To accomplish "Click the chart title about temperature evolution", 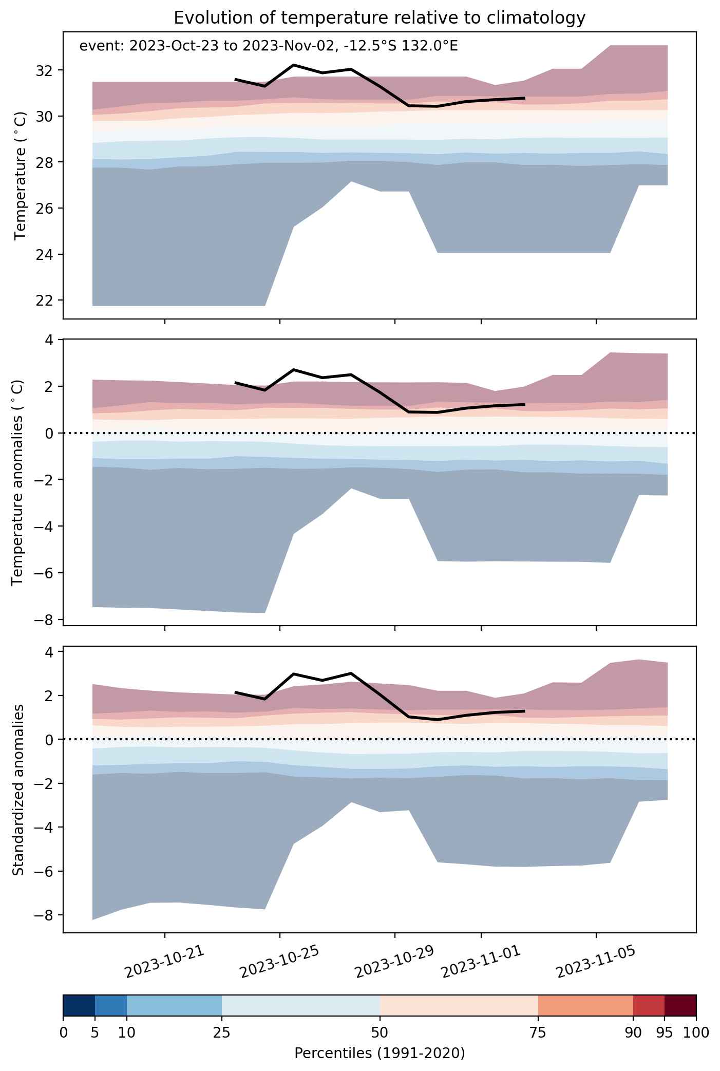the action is pyautogui.click(x=380, y=18).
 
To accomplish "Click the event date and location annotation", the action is pyautogui.click(x=269, y=47).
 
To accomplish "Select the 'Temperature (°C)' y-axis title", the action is pyautogui.click(x=20, y=175).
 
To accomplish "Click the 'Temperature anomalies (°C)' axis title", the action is pyautogui.click(x=18, y=482).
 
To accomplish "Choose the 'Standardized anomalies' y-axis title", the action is pyautogui.click(x=18, y=790).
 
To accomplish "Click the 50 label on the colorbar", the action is pyautogui.click(x=380, y=1032).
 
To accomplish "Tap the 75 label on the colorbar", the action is pyautogui.click(x=538, y=1032).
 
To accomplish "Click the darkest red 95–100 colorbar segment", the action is pyautogui.click(x=680, y=1006).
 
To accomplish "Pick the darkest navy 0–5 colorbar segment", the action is pyautogui.click(x=79, y=1006).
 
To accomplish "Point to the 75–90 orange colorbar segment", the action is pyautogui.click(x=585, y=1006).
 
